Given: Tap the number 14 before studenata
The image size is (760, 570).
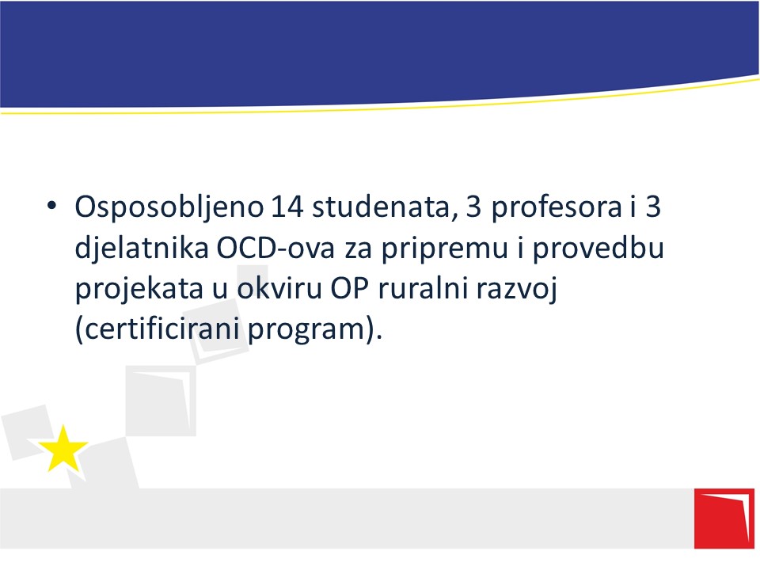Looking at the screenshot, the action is click(x=287, y=207).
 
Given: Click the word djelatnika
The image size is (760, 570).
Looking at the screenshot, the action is click(x=142, y=249).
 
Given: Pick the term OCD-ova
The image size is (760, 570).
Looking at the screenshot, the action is click(x=275, y=248).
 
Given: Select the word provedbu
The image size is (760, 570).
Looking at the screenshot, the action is click(x=598, y=249).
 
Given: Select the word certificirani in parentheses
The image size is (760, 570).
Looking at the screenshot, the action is click(x=161, y=329).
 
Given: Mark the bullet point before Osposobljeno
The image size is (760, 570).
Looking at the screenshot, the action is click(x=51, y=206).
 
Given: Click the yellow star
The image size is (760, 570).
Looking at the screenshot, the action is click(x=63, y=450).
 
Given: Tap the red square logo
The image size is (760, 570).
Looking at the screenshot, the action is click(x=724, y=519).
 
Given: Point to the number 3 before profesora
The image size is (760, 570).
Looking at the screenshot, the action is click(x=473, y=207).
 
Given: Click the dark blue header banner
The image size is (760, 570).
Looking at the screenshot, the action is click(x=380, y=52).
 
